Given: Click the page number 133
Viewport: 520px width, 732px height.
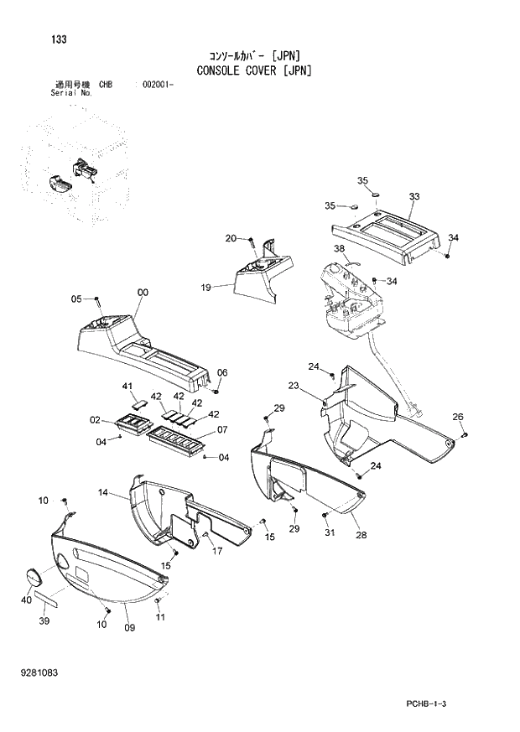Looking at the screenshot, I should point(59,39).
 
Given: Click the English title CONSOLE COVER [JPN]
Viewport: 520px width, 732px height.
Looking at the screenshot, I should point(254,70).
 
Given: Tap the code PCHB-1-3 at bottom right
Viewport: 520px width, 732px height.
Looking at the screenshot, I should point(436,703).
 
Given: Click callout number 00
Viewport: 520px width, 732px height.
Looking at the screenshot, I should point(143,292).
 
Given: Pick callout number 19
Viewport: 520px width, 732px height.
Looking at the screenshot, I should point(205,287).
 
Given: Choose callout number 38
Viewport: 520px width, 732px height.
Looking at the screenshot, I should point(339,249).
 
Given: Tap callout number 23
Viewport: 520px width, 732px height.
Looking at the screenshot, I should point(294,386).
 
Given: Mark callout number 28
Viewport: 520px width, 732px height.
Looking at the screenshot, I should point(360,535).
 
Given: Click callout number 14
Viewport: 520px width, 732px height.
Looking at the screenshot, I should point(103,493).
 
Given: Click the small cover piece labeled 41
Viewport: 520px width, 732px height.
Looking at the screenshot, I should point(139,401).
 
